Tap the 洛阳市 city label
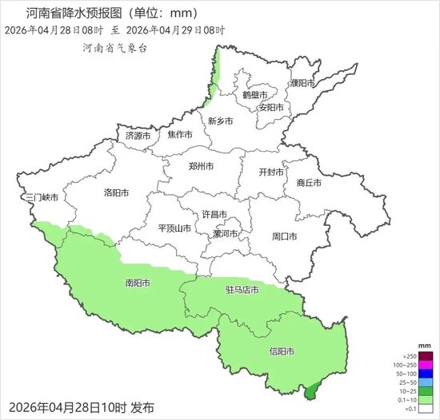[x=116, y=193]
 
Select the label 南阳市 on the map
[x=138, y=283]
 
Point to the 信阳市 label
[x=280, y=351]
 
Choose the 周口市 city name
[x=284, y=236]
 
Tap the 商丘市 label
[x=309, y=182]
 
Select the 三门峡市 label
[x=42, y=198]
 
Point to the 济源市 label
[x=138, y=136]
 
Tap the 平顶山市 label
[x=174, y=228]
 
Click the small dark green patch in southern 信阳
[x=310, y=390]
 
